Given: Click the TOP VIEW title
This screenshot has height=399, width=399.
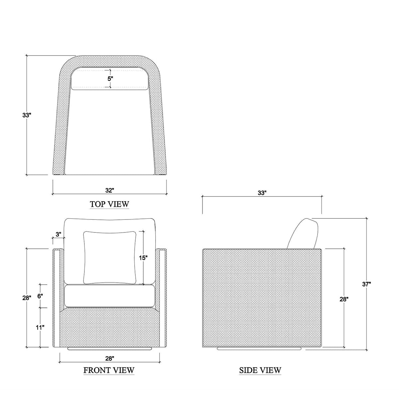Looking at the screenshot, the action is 109,204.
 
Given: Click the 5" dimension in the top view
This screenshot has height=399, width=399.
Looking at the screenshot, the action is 110,79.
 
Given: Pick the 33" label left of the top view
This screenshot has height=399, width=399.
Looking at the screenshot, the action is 27,115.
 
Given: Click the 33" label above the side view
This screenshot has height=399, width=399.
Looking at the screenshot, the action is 262,193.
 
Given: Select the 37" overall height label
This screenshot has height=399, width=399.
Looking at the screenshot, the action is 366,284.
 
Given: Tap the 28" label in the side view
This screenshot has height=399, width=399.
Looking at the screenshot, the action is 344,299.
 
